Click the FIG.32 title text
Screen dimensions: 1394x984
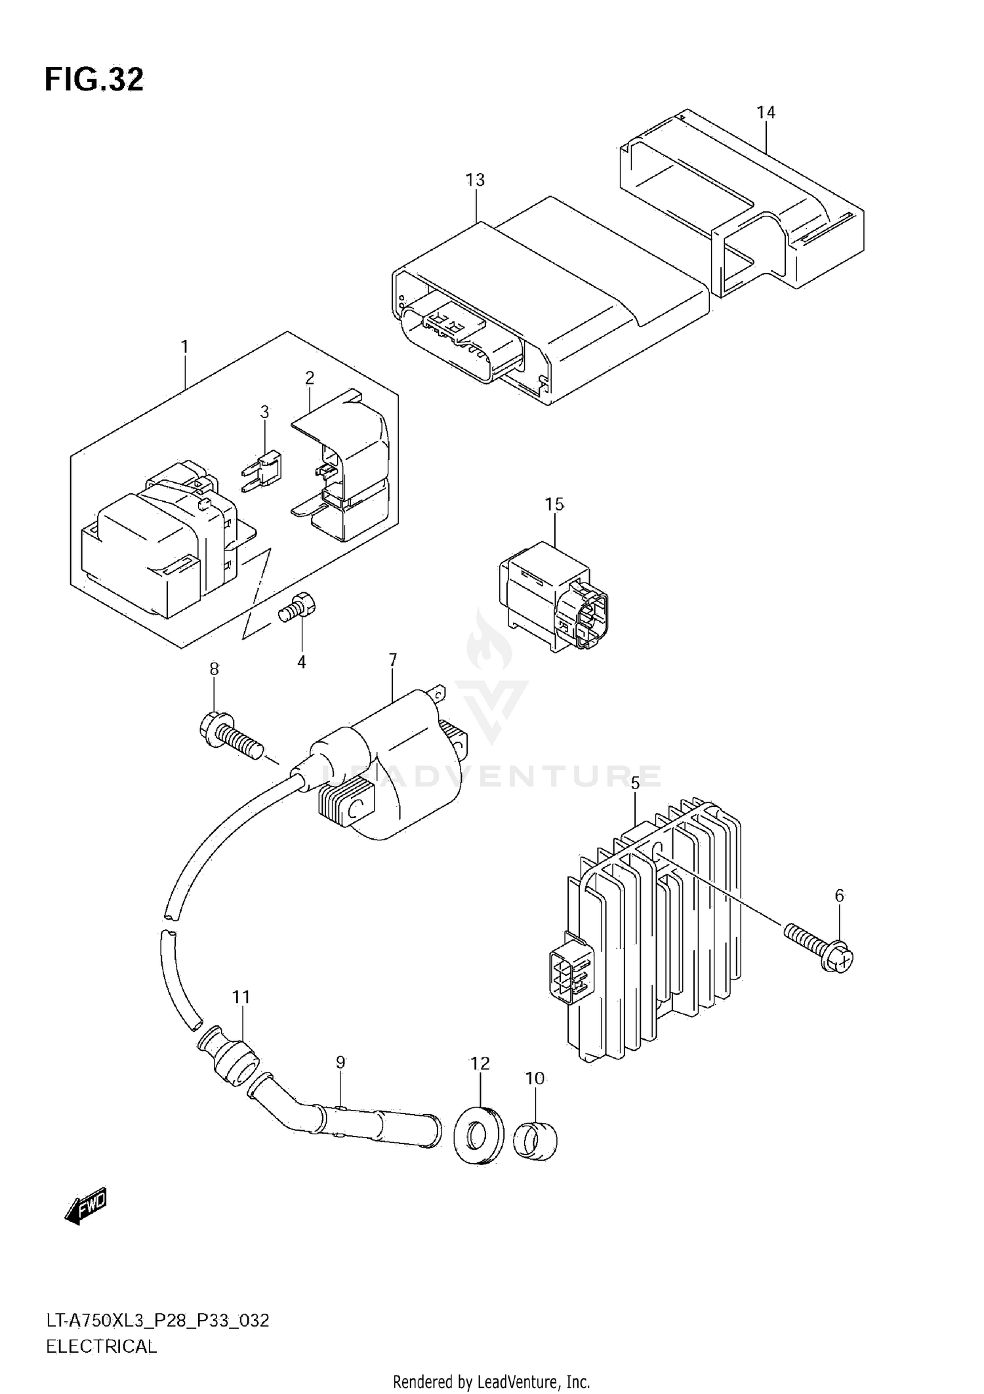(x=94, y=80)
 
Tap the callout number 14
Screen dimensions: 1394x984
(x=766, y=113)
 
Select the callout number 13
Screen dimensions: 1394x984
(x=475, y=180)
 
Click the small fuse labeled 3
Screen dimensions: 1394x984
(x=264, y=469)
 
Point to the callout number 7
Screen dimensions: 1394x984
(x=392, y=659)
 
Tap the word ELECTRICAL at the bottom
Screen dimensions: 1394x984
(x=102, y=1347)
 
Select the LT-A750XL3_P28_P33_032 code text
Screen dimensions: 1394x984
(x=157, y=1321)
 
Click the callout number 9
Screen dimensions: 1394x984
(x=340, y=1062)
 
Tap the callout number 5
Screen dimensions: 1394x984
(x=634, y=783)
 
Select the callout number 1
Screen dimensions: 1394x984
(x=184, y=346)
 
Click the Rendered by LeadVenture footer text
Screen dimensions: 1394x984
(x=491, y=1382)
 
